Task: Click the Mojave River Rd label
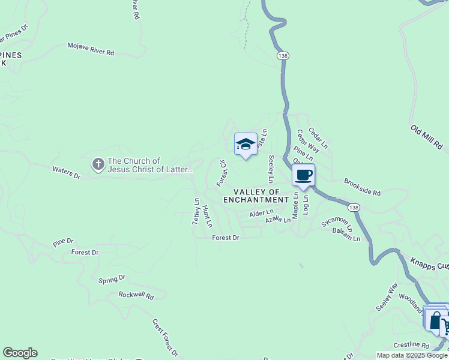(x=91, y=49)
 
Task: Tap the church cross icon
(x=98, y=164)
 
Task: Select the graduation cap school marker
(x=245, y=144)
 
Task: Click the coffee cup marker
(x=304, y=175)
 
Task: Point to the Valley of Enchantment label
(x=256, y=196)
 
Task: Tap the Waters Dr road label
(x=66, y=173)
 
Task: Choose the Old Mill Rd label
(x=426, y=137)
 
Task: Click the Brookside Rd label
(x=363, y=186)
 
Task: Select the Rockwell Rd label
(x=136, y=295)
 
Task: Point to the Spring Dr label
(x=112, y=279)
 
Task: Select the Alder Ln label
(x=261, y=212)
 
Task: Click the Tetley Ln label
(x=196, y=211)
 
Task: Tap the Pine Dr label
(x=62, y=242)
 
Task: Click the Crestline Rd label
(x=411, y=346)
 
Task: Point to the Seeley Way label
(x=387, y=297)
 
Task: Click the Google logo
(x=20, y=353)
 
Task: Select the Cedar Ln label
(x=318, y=137)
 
